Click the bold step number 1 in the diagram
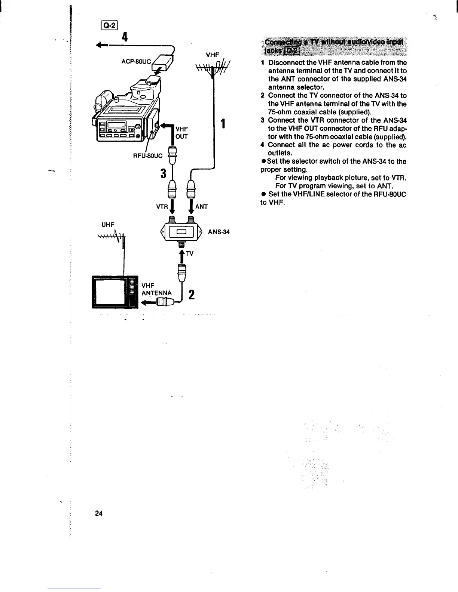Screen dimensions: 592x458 point(223,124)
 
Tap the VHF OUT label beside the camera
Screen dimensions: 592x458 point(181,133)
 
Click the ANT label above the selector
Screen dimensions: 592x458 point(201,206)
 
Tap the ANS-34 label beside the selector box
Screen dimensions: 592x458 point(219,232)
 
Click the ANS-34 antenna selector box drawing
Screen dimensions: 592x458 point(181,232)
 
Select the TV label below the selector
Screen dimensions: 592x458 point(190,253)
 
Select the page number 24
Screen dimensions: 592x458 point(99,513)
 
